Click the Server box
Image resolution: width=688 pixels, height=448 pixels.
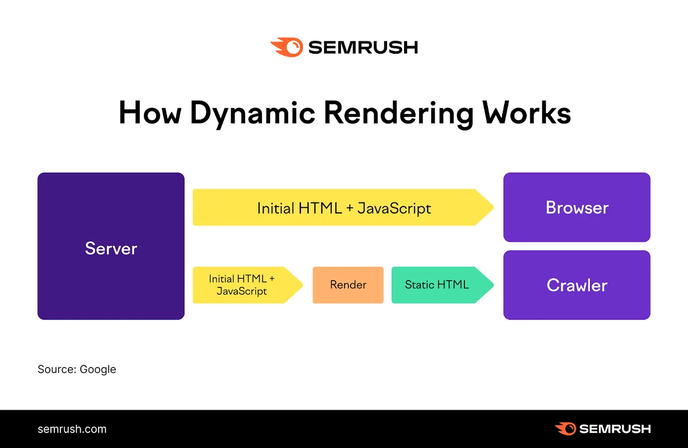111,246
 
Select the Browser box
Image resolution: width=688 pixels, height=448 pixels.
577,207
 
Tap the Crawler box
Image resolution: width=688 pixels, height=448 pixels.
577,285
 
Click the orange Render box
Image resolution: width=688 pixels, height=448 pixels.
348,285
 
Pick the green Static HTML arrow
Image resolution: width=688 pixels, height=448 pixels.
442,285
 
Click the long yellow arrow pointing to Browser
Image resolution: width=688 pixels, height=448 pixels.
343,207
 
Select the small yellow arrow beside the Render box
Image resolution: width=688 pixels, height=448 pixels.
248,285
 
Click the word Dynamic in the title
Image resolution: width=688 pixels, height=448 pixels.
252,114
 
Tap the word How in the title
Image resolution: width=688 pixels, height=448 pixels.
150,112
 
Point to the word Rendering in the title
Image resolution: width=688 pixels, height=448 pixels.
398,114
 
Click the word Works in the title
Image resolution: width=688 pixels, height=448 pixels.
526,112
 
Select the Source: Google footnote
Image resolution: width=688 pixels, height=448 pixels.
77,369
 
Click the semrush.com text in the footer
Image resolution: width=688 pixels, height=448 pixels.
72,429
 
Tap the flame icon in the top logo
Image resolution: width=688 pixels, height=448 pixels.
287,47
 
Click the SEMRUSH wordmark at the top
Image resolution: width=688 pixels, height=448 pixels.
363,47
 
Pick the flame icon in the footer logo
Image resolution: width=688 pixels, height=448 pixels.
565,428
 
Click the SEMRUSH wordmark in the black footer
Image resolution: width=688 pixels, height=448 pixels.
615,429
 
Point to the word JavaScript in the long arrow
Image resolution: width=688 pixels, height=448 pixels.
394,209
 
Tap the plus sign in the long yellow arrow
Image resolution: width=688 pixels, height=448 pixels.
350,208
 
